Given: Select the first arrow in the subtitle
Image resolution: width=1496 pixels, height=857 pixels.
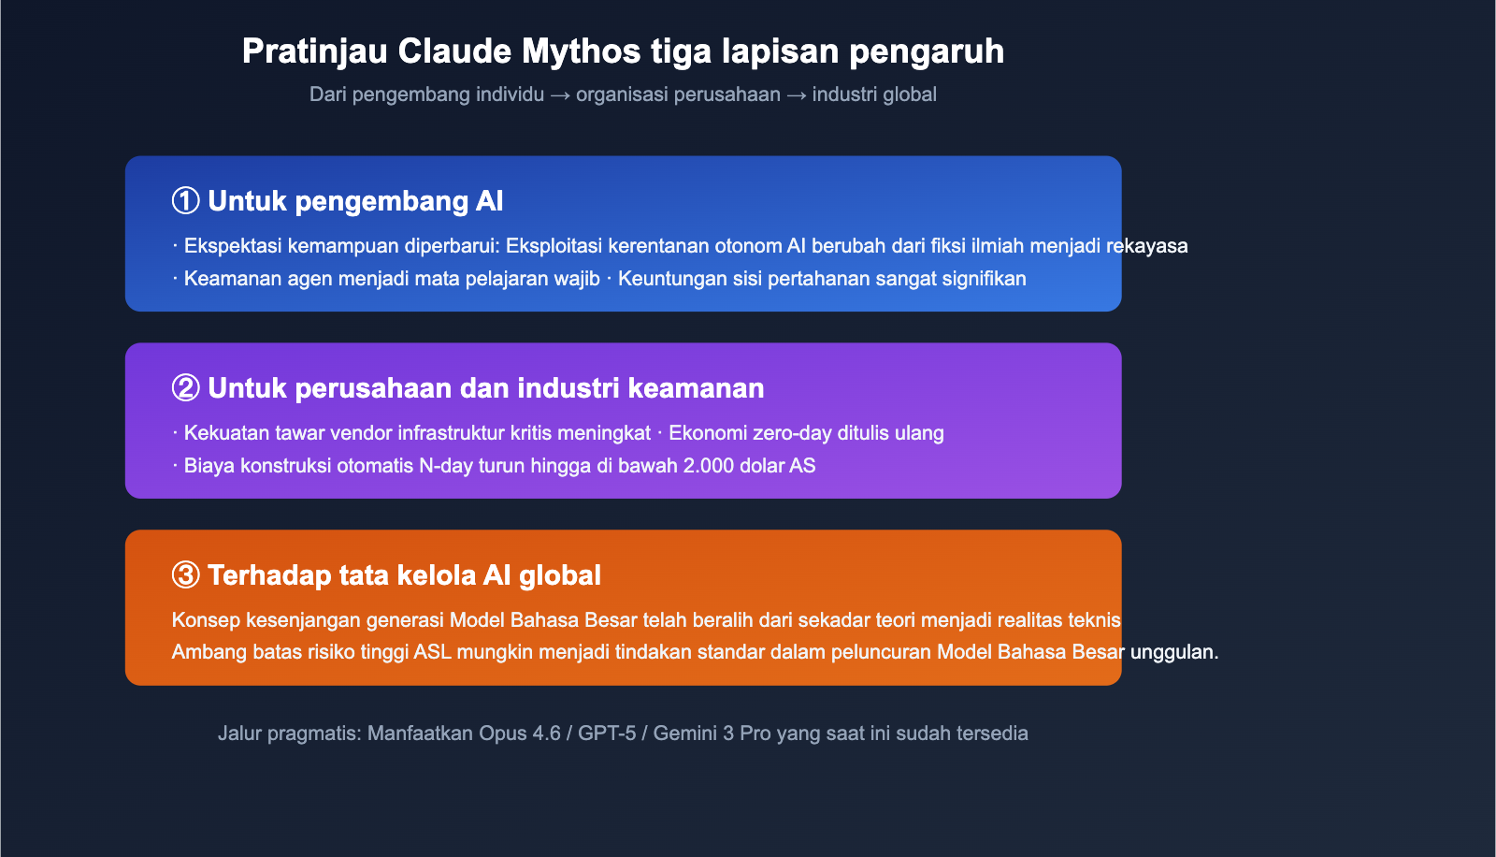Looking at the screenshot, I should pos(560,94).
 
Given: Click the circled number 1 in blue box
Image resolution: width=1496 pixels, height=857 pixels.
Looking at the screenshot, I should pos(185,201).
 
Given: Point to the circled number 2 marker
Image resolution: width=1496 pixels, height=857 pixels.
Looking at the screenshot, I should pos(185,388).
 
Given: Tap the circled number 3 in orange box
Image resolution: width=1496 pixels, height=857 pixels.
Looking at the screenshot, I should pos(185,575).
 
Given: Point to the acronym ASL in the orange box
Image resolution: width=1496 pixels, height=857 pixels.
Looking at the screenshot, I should pos(433,652).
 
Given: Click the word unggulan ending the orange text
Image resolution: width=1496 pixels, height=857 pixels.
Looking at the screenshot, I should pos(1173,652).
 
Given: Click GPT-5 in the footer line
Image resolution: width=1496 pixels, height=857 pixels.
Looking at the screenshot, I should pos(607,734).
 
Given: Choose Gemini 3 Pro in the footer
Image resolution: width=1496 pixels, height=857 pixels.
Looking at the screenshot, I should pos(712,734).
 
